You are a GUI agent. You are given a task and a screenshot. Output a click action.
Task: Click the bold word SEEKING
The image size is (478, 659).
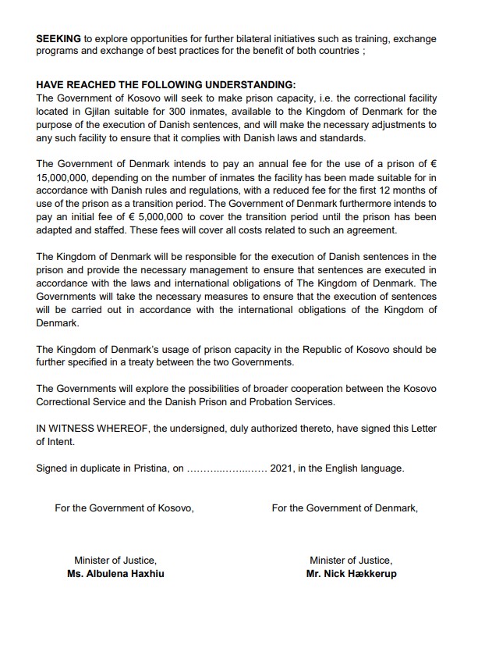58,38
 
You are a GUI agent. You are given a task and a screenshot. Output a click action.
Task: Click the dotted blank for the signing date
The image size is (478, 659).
226,469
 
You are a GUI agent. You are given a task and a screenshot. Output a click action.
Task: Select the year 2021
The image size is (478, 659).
282,468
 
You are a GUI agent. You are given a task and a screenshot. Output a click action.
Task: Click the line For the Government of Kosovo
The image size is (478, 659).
124,508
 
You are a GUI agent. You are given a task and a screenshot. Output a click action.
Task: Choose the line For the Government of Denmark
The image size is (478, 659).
345,508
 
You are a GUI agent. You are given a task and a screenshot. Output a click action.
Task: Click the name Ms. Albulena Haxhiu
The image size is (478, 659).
115,573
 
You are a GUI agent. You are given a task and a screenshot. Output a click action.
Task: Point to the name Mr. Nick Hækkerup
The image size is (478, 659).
351,573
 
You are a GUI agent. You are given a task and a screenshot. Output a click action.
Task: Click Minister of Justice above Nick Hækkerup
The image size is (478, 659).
351,561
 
